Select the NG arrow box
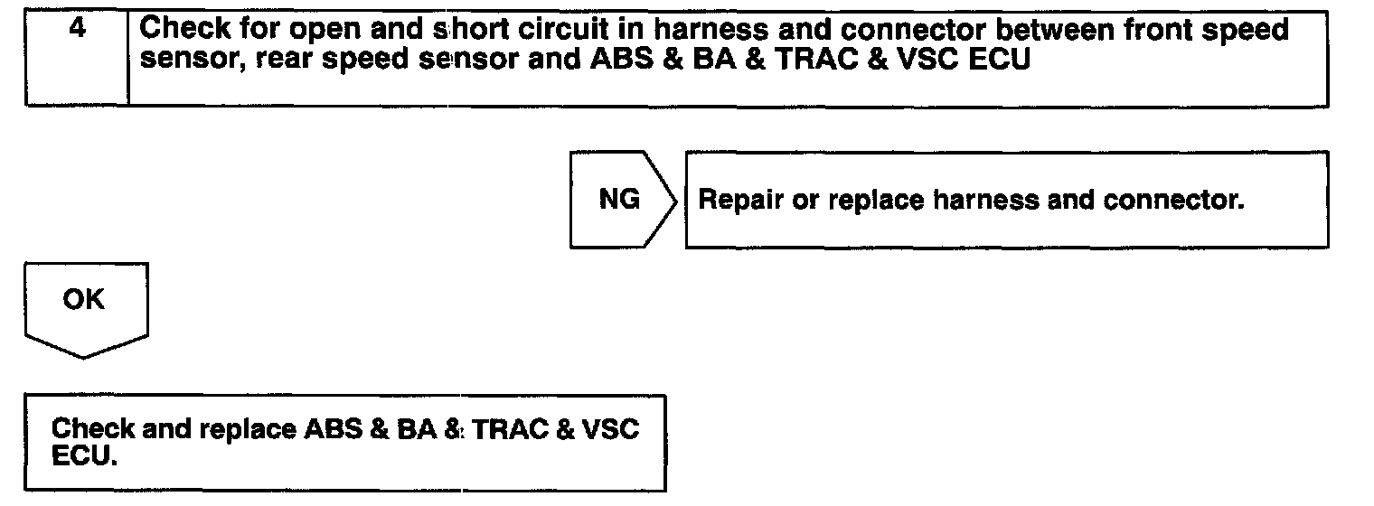(x=620, y=200)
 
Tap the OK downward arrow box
(x=84, y=302)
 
